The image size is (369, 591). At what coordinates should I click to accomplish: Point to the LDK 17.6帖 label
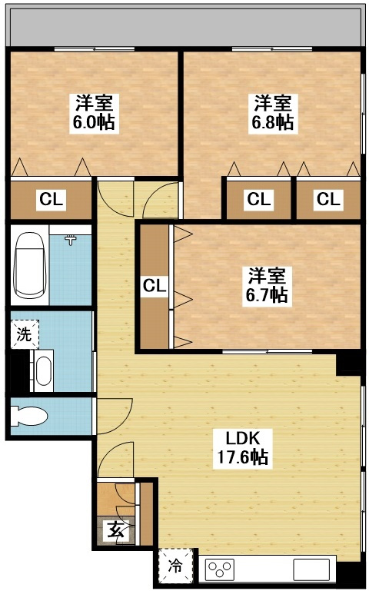(x=246, y=448)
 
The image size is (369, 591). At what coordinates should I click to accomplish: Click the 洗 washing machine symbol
(x=23, y=334)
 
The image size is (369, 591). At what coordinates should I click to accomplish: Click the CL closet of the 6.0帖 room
(x=51, y=201)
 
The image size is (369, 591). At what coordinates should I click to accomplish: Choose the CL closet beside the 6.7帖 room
(x=155, y=286)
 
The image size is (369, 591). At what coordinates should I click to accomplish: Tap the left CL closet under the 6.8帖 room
(x=259, y=201)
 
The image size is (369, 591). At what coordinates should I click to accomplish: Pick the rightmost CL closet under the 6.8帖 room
(x=327, y=201)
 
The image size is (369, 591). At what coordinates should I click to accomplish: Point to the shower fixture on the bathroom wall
(x=71, y=241)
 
